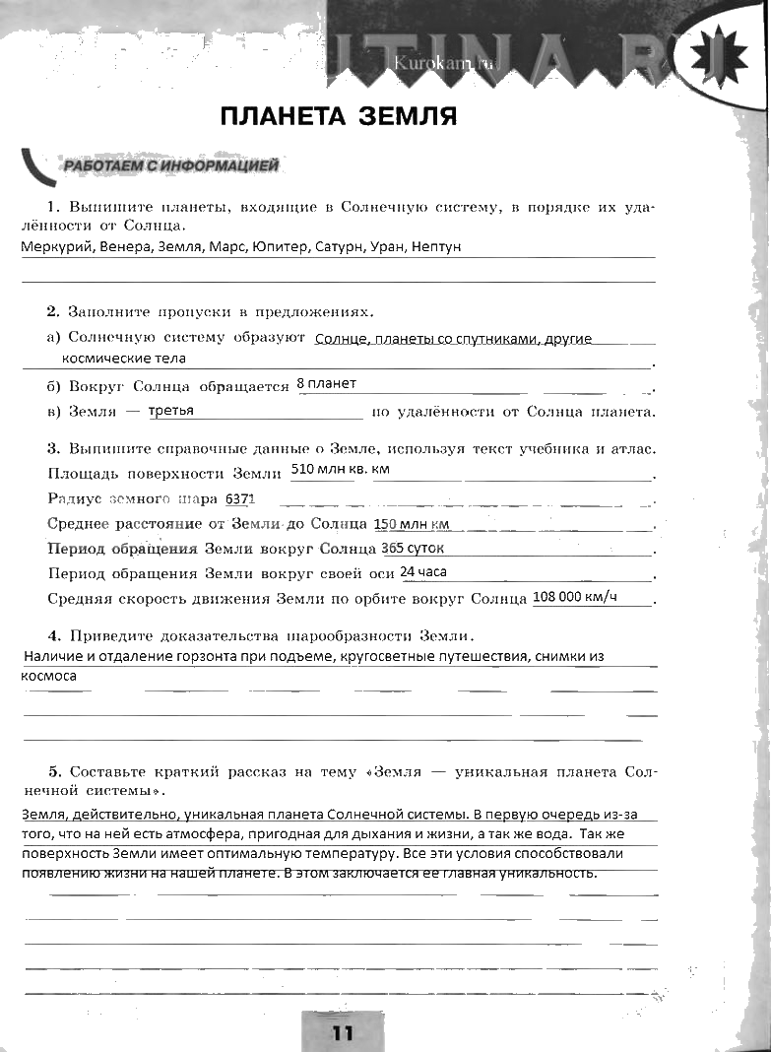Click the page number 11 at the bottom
tap(342, 1032)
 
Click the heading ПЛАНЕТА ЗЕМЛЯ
tap(339, 117)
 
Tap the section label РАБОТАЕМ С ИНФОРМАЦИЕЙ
tap(171, 165)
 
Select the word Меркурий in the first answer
tap(57, 247)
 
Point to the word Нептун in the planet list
tap(436, 247)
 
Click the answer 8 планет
tap(326, 383)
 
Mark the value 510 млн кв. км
tap(340, 469)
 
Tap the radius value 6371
tap(239, 498)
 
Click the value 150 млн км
tap(412, 524)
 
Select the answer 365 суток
tap(413, 548)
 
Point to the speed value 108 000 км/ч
tap(575, 597)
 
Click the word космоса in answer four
tap(48, 677)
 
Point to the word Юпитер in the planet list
tap(280, 247)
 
